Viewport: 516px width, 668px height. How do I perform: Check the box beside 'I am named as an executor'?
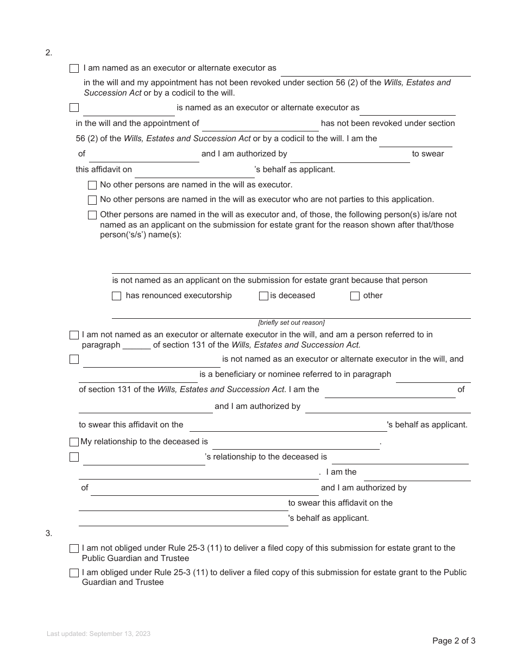click(x=74, y=68)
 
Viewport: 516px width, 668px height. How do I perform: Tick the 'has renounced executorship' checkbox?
click(x=116, y=296)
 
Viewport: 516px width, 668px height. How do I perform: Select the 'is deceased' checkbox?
click(x=263, y=296)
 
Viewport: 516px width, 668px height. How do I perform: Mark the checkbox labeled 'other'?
click(x=355, y=296)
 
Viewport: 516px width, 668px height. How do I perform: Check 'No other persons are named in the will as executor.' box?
click(x=92, y=185)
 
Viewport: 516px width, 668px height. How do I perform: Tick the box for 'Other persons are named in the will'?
click(x=92, y=215)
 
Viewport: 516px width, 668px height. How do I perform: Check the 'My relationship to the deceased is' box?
click(x=74, y=442)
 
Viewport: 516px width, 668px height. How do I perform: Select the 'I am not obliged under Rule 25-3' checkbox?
click(x=74, y=549)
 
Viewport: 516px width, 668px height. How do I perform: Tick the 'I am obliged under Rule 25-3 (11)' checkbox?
click(x=74, y=573)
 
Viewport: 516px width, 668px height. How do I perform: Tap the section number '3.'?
click(x=49, y=533)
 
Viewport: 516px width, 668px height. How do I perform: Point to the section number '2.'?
click(x=49, y=53)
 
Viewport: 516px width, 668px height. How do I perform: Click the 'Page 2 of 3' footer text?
click(x=454, y=641)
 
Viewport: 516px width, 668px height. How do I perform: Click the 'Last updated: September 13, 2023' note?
click(x=98, y=634)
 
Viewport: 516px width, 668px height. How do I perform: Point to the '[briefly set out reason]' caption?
click(x=291, y=323)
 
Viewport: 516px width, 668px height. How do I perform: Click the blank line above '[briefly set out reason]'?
click(x=291, y=314)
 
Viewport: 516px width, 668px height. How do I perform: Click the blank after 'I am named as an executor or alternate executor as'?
click(x=375, y=72)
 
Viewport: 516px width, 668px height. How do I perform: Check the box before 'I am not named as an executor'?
click(x=74, y=335)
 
